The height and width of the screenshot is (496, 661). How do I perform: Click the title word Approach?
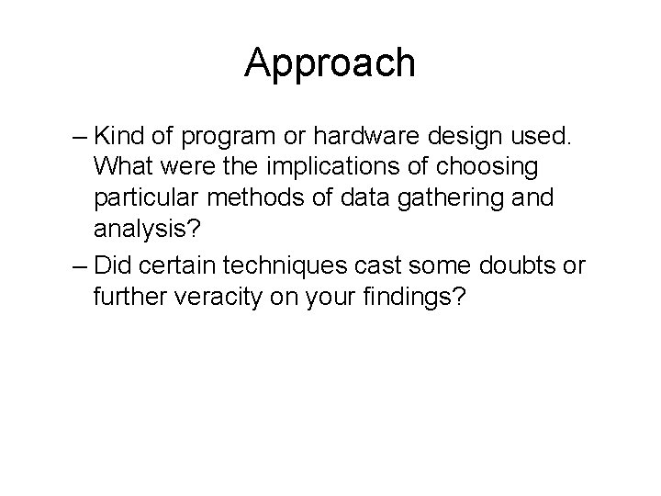(x=330, y=63)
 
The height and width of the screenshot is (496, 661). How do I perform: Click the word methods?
(x=272, y=200)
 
